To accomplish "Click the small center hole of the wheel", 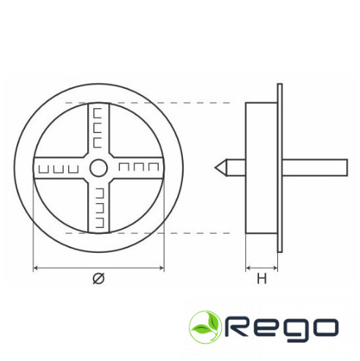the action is coord(99,168).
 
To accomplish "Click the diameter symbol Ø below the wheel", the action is coord(99,278).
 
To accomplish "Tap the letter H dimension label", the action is coord(262,278).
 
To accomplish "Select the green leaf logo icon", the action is coord(205,327).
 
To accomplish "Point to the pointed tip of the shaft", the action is coord(215,167).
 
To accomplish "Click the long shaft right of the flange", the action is coord(315,167).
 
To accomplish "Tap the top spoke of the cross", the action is coord(99,130).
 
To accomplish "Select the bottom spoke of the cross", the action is coord(99,206).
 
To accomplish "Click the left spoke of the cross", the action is coord(61,168).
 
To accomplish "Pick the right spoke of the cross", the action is coord(137,168).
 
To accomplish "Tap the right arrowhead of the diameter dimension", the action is coord(162,268).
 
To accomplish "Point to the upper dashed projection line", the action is coord(148,103).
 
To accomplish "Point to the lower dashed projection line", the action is coord(148,233).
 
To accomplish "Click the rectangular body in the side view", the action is coord(261,168).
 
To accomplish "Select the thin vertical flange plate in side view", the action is coord(280,168).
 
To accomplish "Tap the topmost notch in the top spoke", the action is coord(97,113).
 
